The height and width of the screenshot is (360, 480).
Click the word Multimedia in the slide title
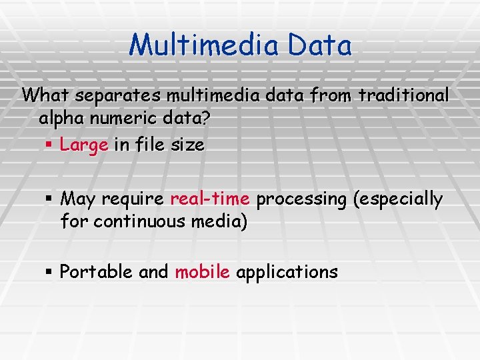pos(205,45)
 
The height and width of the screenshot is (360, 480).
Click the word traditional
pos(404,96)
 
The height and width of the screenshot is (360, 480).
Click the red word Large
pos(83,145)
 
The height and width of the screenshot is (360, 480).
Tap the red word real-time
pos(210,199)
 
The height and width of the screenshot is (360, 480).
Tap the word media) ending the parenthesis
pos(217,222)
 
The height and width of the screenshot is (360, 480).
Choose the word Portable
pos(96,272)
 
